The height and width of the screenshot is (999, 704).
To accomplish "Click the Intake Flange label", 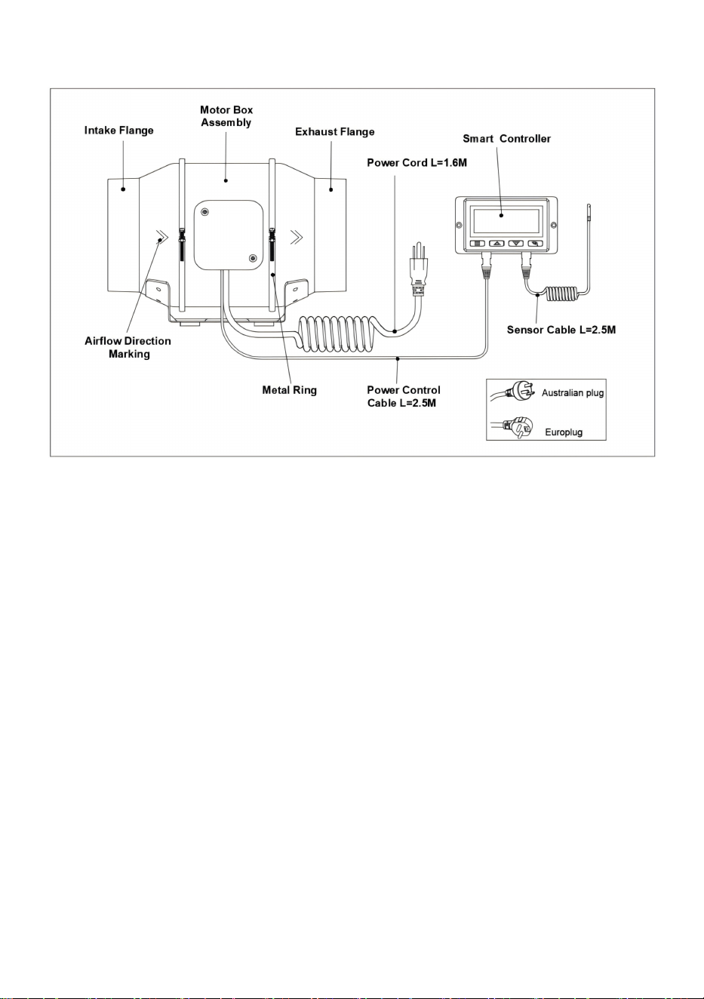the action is [118, 131].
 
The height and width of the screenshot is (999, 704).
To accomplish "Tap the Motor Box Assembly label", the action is [226, 116].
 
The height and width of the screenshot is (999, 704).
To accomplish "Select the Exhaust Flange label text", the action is [334, 131].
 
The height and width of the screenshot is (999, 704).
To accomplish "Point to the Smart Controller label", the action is [506, 139].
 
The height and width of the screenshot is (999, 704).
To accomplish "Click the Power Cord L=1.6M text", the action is [417, 163].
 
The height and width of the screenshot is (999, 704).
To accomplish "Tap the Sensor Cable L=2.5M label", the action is [561, 330].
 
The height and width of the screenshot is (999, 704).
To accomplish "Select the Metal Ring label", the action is [290, 390].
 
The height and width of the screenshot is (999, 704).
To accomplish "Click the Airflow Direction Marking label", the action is [128, 347].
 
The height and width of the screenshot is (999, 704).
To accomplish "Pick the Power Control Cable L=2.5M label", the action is [403, 396].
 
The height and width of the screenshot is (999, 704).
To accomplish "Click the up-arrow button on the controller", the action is [496, 244].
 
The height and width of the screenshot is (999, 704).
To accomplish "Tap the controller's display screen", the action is [506, 221].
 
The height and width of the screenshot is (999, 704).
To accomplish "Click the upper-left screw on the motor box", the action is [204, 211].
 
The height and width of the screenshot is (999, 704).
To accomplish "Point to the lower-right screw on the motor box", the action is [253, 258].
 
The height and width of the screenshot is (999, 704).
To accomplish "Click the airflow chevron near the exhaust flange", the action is [297, 237].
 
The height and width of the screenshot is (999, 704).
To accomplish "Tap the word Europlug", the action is [564, 432].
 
